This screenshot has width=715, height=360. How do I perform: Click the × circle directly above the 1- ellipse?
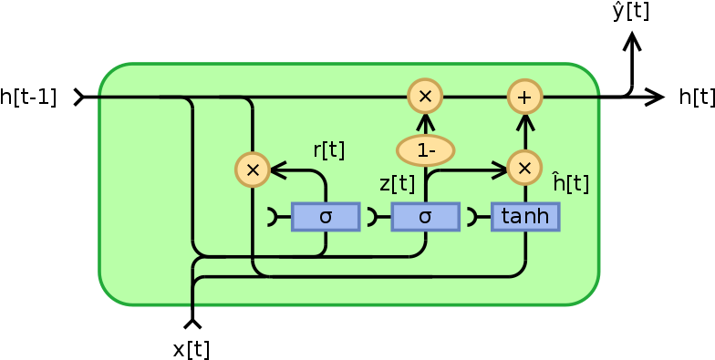(424, 96)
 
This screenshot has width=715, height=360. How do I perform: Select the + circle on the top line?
(524, 96)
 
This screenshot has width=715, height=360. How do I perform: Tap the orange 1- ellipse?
(425, 150)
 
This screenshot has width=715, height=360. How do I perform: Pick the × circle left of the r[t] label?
(253, 170)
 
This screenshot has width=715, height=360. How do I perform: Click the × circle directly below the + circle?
(523, 168)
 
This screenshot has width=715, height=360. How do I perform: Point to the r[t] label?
(328, 150)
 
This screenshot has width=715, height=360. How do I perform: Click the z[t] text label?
(397, 183)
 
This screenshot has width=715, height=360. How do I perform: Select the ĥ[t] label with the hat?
(571, 182)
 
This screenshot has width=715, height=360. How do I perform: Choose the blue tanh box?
(525, 217)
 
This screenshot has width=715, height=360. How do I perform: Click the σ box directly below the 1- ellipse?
(425, 217)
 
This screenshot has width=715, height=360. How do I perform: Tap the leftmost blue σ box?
(326, 217)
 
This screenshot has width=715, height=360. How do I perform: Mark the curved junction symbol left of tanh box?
(472, 217)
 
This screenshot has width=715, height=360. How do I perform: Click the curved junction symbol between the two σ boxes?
(372, 217)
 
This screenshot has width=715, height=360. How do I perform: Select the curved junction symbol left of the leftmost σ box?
(273, 217)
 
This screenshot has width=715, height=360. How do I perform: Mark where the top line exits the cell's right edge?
(599, 96)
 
